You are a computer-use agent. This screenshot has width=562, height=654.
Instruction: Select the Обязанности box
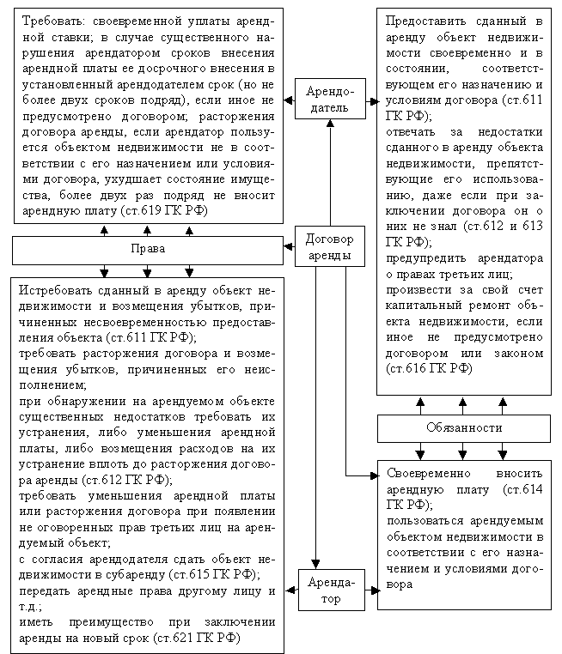(x=463, y=427)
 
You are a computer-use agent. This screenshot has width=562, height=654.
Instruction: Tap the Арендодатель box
(x=327, y=100)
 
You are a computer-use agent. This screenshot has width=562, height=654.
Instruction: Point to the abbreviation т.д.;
(x=28, y=607)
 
